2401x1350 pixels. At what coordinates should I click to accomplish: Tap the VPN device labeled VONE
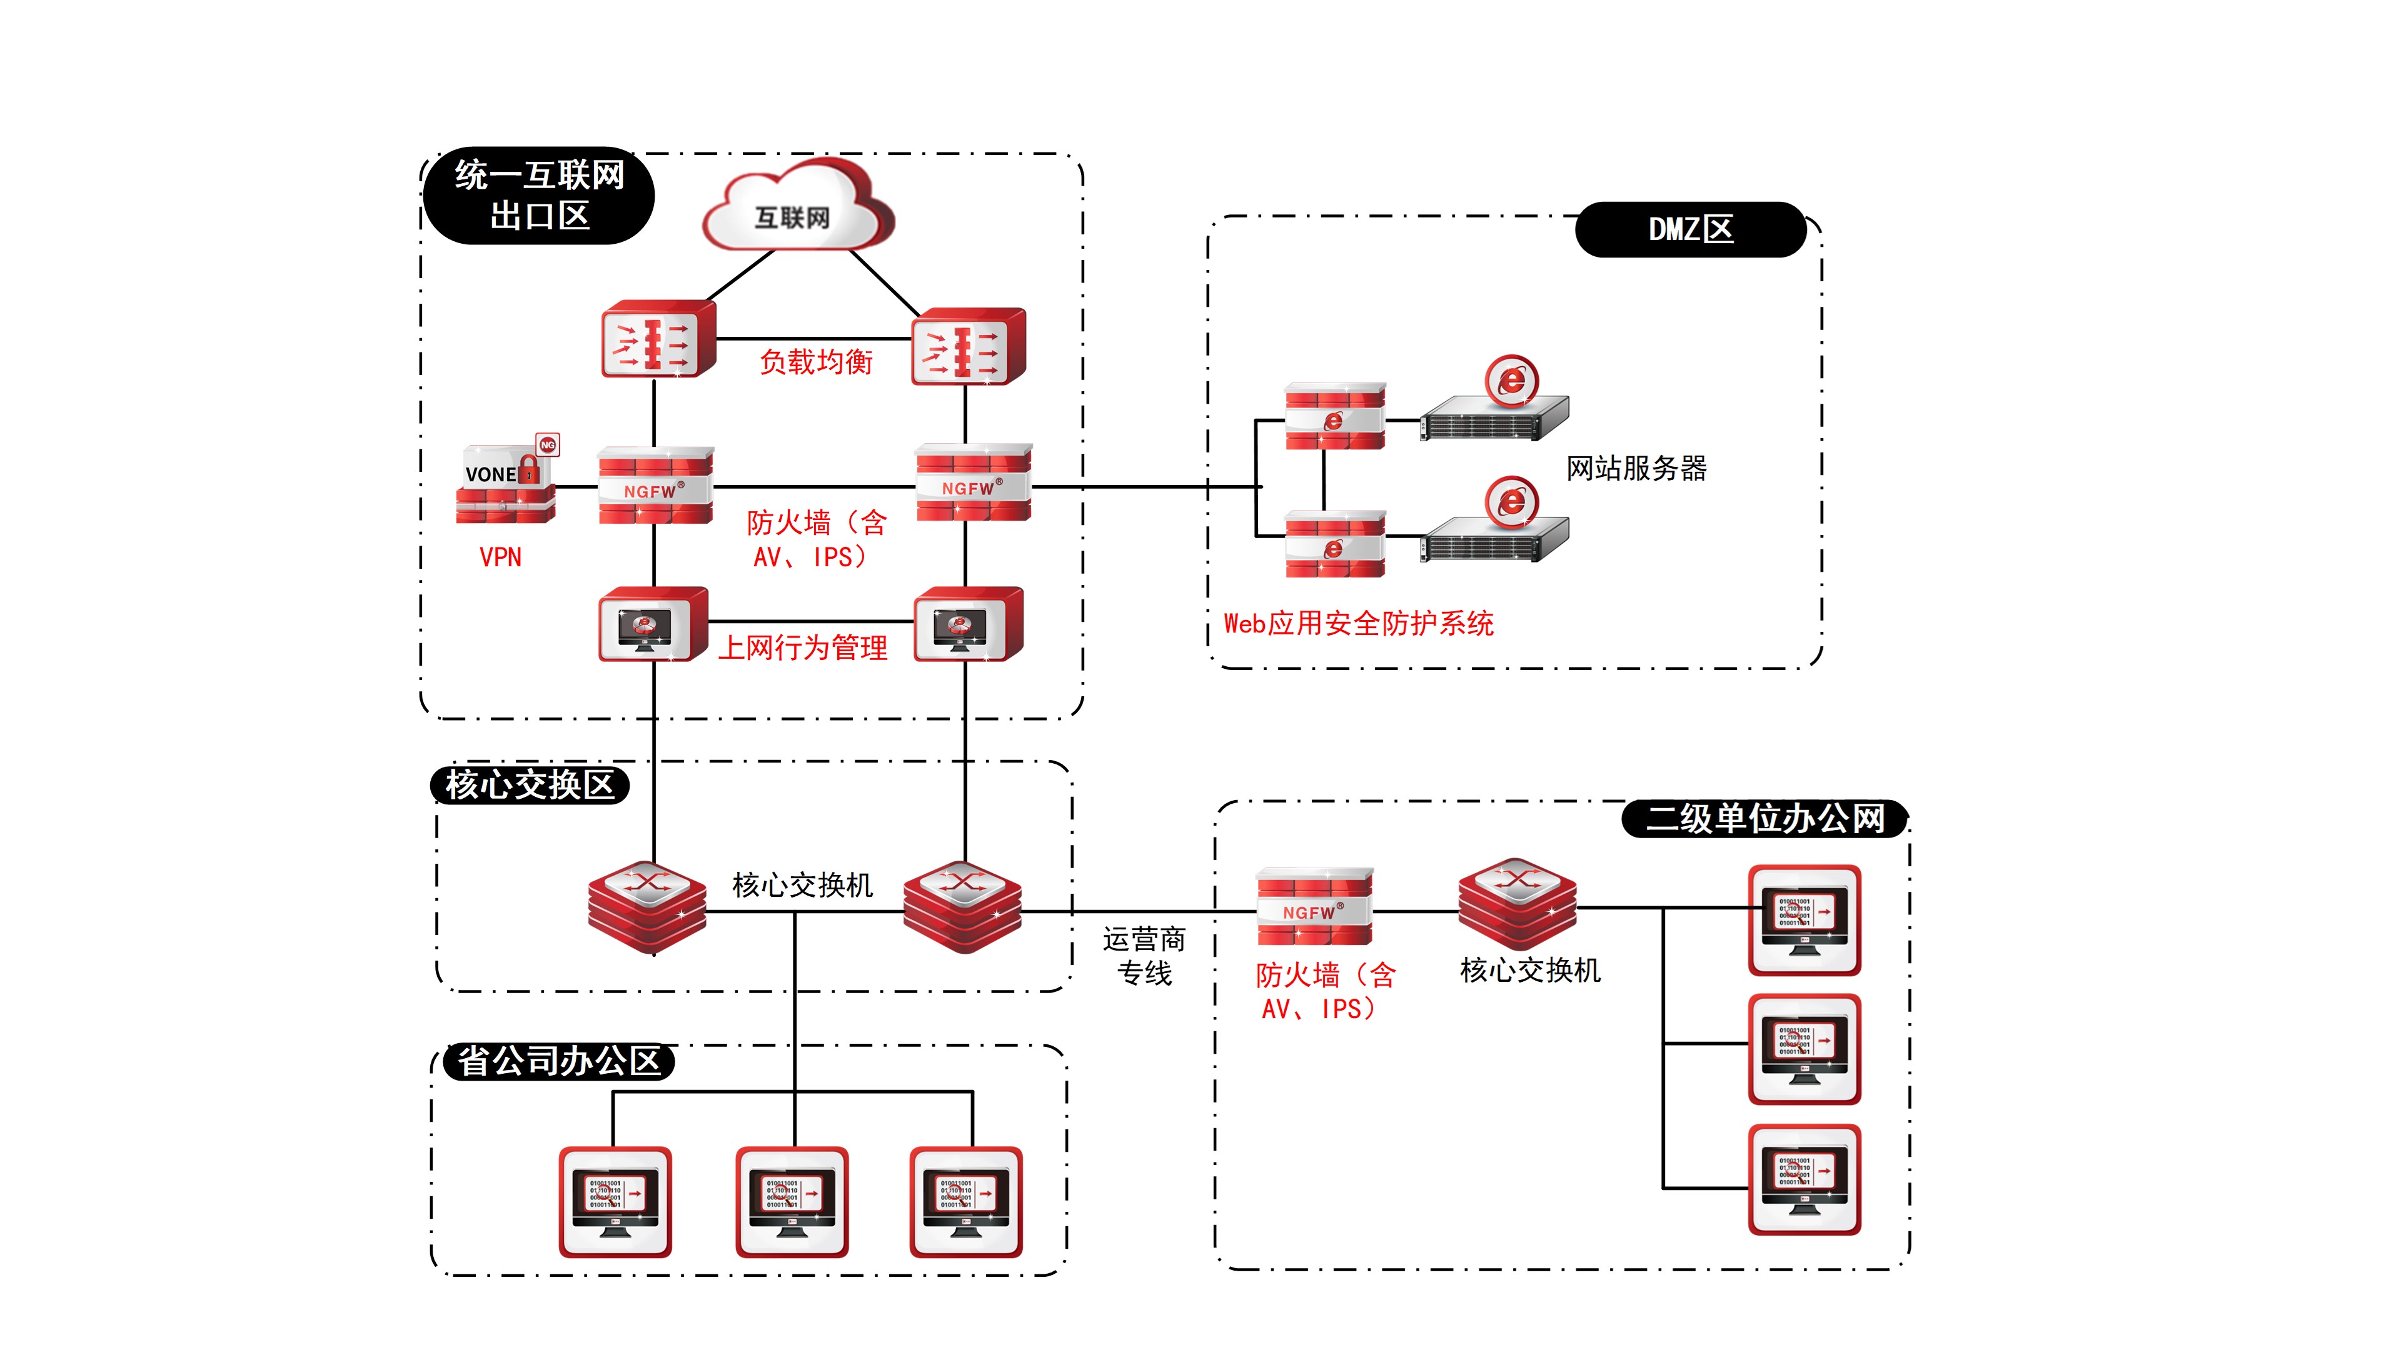505,484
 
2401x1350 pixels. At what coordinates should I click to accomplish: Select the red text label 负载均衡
815,361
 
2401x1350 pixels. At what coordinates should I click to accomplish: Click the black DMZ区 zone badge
1690,229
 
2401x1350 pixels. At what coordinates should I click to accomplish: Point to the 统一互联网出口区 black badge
539,196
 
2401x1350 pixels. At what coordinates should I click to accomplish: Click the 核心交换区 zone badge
530,784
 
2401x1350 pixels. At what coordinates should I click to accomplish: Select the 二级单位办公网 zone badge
1764,819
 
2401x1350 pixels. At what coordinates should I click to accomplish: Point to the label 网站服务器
1636,467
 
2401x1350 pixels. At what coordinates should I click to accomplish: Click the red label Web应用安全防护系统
1358,623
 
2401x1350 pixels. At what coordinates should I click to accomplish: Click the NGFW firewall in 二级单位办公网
1314,906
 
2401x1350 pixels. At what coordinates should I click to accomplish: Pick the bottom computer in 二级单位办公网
1805,1179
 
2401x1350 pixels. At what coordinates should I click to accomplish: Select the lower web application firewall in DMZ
1335,544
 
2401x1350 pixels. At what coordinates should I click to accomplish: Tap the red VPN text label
500,557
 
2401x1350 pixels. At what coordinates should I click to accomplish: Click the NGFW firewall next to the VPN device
655,486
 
